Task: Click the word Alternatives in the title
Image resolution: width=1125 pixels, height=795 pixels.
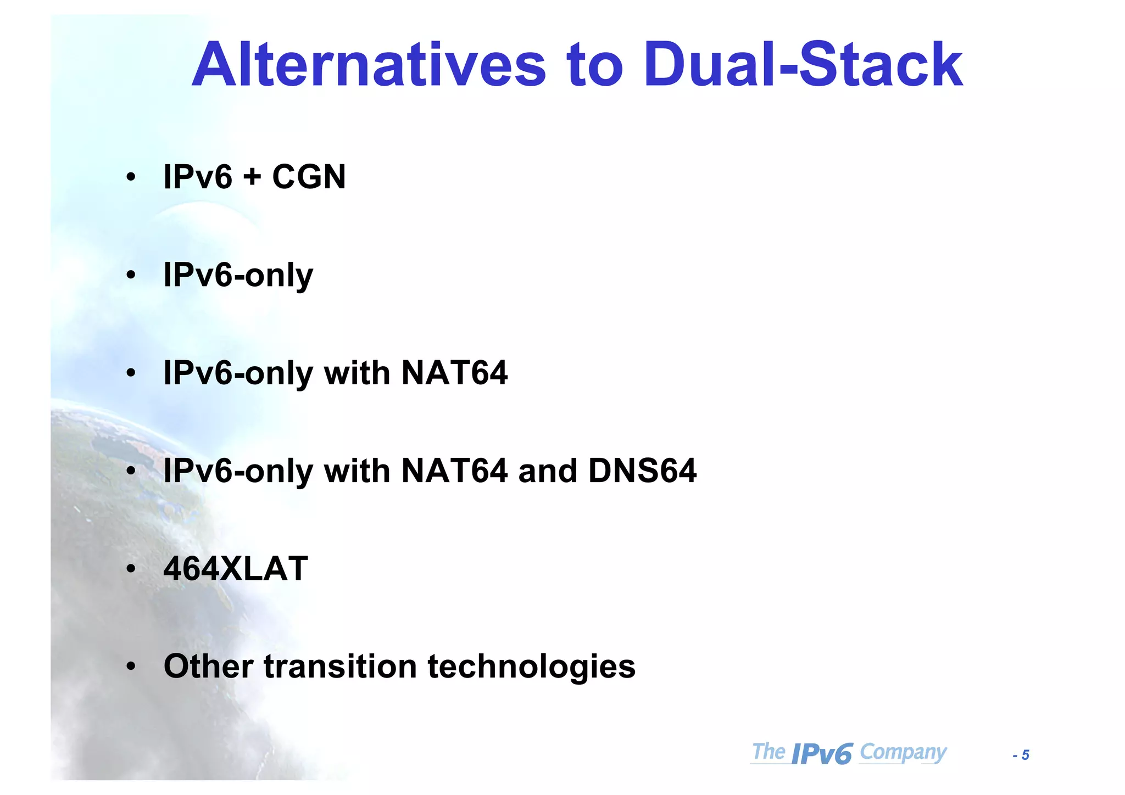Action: (369, 65)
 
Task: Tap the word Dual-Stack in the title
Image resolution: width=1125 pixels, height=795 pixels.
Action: (803, 65)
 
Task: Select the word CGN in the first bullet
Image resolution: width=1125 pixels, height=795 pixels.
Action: (309, 177)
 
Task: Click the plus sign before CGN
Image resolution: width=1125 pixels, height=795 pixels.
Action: (252, 178)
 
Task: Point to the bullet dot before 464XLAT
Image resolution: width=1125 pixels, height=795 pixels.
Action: (131, 569)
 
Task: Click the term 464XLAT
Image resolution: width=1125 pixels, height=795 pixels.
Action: (236, 569)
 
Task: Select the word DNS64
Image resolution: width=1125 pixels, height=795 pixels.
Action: (642, 471)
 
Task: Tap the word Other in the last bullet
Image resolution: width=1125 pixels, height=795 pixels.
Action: (208, 667)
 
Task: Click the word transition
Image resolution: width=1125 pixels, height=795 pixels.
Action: (341, 667)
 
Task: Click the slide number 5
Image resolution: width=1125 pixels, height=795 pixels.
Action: (1025, 755)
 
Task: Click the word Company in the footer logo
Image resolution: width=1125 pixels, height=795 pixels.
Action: (903, 752)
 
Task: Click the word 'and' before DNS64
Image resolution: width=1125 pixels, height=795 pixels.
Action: (548, 471)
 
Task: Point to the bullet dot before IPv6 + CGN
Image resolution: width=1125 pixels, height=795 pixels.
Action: (131, 178)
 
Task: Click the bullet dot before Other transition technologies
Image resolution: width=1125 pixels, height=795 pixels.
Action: (131, 667)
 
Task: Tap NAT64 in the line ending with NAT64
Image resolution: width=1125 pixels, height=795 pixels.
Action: (454, 373)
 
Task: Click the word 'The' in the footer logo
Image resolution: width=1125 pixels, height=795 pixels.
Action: (768, 752)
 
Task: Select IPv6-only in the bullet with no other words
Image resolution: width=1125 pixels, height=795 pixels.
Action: (238, 276)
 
